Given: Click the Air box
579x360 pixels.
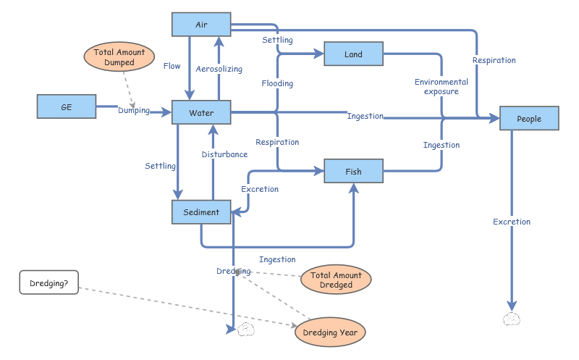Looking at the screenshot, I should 201,25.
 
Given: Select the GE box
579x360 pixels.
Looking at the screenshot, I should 66,106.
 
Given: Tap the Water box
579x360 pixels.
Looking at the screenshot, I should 201,113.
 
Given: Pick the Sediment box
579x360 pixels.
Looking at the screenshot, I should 201,212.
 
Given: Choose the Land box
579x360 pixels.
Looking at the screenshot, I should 353,54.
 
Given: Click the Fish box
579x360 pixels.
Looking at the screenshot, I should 353,172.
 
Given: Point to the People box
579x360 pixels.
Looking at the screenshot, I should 529,119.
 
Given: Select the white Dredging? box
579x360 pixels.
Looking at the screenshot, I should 49,283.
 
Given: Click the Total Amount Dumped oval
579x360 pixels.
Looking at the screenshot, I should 119,57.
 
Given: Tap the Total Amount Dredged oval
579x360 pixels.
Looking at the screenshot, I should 336,280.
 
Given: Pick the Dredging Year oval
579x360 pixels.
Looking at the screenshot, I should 330,332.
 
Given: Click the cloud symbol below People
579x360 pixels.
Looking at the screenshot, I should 512,319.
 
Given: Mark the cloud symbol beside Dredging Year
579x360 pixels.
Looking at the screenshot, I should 246,330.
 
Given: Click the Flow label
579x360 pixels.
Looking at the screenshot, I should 172,66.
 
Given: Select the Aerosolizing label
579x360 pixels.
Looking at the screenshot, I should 219,69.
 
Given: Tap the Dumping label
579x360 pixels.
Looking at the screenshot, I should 134,111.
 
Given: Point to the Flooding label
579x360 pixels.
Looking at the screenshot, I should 277,83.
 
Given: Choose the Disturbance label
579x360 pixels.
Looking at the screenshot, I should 224,154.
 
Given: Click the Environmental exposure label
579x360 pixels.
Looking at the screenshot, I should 441,87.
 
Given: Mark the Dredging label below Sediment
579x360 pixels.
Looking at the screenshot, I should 233,271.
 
